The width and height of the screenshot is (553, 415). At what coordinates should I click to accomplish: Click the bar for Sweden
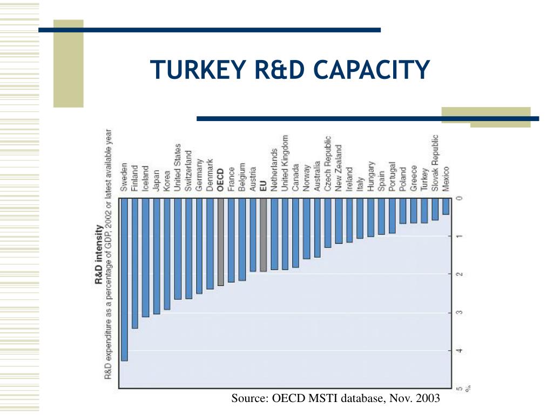tap(124, 279)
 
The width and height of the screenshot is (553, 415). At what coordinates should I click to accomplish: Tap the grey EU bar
tap(263, 235)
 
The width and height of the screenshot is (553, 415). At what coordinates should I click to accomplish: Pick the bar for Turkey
tap(424, 210)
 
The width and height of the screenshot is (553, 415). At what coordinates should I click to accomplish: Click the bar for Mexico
tap(446, 206)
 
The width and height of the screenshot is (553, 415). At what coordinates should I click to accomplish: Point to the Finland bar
tap(135, 263)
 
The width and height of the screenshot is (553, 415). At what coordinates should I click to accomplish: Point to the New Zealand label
tap(339, 168)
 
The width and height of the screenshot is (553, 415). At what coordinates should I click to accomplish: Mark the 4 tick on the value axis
tap(460, 351)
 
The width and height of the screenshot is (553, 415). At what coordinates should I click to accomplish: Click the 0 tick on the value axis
tap(460, 198)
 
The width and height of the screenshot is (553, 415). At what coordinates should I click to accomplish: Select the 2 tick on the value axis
tap(460, 275)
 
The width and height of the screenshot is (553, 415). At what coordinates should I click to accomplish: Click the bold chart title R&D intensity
tap(99, 255)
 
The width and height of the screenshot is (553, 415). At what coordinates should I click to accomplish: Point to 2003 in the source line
tap(426, 399)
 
